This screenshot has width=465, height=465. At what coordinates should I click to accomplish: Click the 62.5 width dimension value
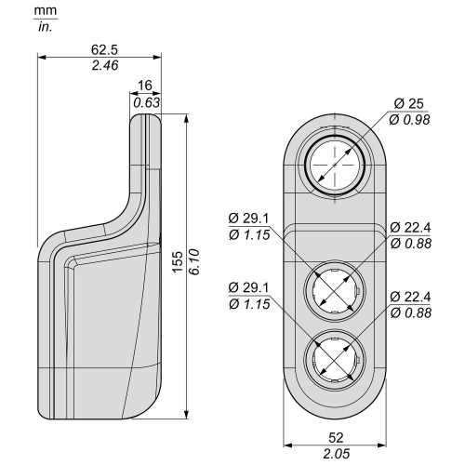pyautogui.click(x=105, y=49)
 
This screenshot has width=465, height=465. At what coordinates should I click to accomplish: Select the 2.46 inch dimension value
pyautogui.click(x=105, y=66)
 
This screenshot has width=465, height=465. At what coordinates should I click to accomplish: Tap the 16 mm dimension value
pyautogui.click(x=145, y=86)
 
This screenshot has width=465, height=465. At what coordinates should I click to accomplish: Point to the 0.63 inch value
pyautogui.click(x=146, y=102)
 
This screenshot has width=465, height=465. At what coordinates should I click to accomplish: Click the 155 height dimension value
pyautogui.click(x=178, y=262)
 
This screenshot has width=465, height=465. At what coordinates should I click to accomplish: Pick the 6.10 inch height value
pyautogui.click(x=194, y=262)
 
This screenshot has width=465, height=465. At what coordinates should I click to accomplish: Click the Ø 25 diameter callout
pyautogui.click(x=408, y=103)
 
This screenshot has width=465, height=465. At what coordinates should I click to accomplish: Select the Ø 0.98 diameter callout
pyautogui.click(x=409, y=120)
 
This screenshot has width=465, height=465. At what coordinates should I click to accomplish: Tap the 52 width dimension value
pyautogui.click(x=336, y=438)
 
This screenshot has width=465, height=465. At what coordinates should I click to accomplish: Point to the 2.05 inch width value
pyautogui.click(x=336, y=454)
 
